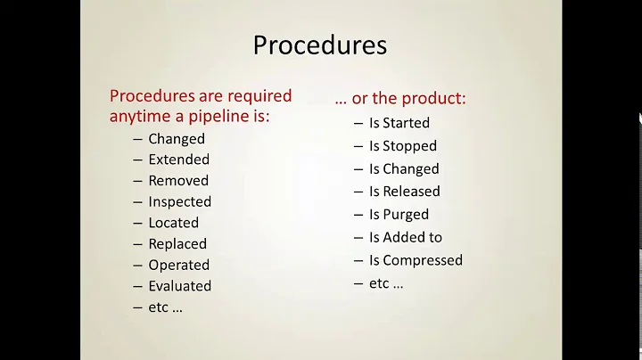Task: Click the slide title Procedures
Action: (x=320, y=45)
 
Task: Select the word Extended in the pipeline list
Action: (x=178, y=160)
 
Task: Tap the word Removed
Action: (x=177, y=181)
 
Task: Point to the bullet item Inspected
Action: (x=179, y=202)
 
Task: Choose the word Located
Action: (x=173, y=223)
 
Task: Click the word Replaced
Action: (x=177, y=244)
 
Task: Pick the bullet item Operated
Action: (x=178, y=265)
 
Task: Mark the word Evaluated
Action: (x=179, y=286)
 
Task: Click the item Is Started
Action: (x=399, y=123)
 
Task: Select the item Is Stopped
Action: (x=402, y=146)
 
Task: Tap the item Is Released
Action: (x=404, y=191)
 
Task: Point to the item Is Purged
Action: (x=399, y=215)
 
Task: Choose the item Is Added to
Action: (x=405, y=237)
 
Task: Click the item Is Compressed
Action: (x=416, y=260)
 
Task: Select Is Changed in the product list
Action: (x=404, y=168)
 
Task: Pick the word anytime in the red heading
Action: (x=139, y=116)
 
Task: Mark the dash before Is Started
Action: (x=358, y=123)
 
